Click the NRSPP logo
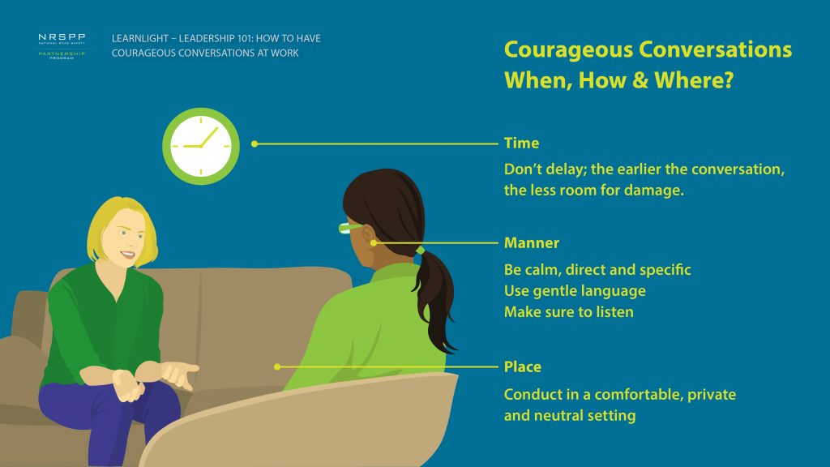(x=62, y=46)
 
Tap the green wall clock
(x=201, y=146)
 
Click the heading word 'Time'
(x=521, y=143)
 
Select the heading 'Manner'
(x=532, y=243)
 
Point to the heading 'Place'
(x=523, y=367)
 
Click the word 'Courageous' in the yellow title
(x=568, y=49)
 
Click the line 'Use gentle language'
(x=575, y=291)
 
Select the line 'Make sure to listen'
(x=568, y=312)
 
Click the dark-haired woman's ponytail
(x=435, y=299)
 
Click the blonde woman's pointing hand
(x=180, y=373)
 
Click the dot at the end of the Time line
(x=255, y=144)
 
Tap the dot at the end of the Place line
(x=277, y=367)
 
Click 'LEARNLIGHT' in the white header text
(x=139, y=39)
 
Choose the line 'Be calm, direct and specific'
(x=597, y=270)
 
